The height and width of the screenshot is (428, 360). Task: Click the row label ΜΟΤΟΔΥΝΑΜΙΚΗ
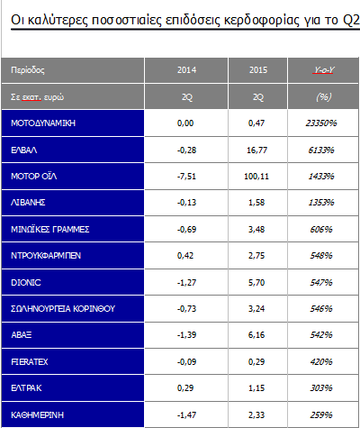pos(43,123)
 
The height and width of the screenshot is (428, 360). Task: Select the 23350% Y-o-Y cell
pos(321,123)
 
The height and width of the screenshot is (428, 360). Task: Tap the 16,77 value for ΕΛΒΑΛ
pos(256,150)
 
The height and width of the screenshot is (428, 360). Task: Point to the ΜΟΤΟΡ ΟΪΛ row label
pos(34,176)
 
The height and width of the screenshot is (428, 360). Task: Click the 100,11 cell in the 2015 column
pos(256,177)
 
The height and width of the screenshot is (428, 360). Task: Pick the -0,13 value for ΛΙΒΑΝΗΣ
pos(186,203)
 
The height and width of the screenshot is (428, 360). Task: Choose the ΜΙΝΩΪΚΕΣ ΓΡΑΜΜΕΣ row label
pos(50,230)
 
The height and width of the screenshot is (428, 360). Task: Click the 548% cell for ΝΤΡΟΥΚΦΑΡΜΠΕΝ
pos(321,256)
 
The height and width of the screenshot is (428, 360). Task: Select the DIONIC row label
pos(26,283)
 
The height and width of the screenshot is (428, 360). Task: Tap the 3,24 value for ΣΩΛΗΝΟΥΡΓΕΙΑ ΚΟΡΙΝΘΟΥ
pos(256,309)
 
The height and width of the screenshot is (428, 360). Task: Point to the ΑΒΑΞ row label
pos(22,335)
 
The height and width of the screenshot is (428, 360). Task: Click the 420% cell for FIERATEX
pos(321,362)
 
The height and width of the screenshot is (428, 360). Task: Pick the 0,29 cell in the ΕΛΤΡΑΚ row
pos(185,388)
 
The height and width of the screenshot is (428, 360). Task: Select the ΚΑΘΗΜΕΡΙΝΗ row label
pos(38,415)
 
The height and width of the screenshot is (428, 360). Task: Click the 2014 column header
pos(186,70)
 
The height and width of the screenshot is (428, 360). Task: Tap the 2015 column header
pos(258,70)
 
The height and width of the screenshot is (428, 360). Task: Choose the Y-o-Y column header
pos(324,70)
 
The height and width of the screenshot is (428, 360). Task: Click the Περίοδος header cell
pos(28,70)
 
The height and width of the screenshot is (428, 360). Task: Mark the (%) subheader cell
pos(324,97)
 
